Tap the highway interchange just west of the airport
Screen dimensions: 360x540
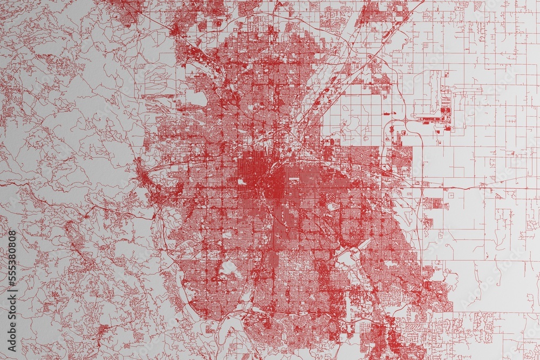[x=404, y=120]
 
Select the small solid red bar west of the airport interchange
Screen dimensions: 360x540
[x=387, y=114]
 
